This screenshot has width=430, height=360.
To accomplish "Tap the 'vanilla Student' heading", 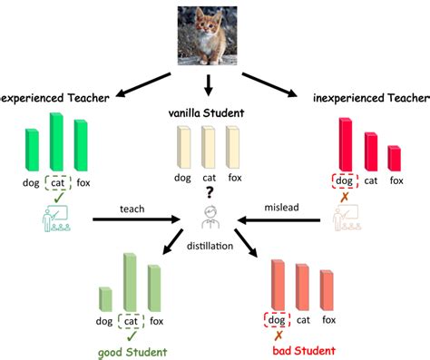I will [x=209, y=112].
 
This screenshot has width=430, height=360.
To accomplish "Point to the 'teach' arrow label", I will [x=132, y=209].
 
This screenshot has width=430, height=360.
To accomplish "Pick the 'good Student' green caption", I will [x=132, y=349].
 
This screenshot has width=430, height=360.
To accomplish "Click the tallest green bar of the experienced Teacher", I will [x=57, y=140].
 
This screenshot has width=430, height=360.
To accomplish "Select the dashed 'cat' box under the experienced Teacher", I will [x=57, y=180].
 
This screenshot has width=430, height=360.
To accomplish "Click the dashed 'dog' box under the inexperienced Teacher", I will [x=344, y=180].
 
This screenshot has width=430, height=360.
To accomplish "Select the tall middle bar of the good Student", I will [x=132, y=283].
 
